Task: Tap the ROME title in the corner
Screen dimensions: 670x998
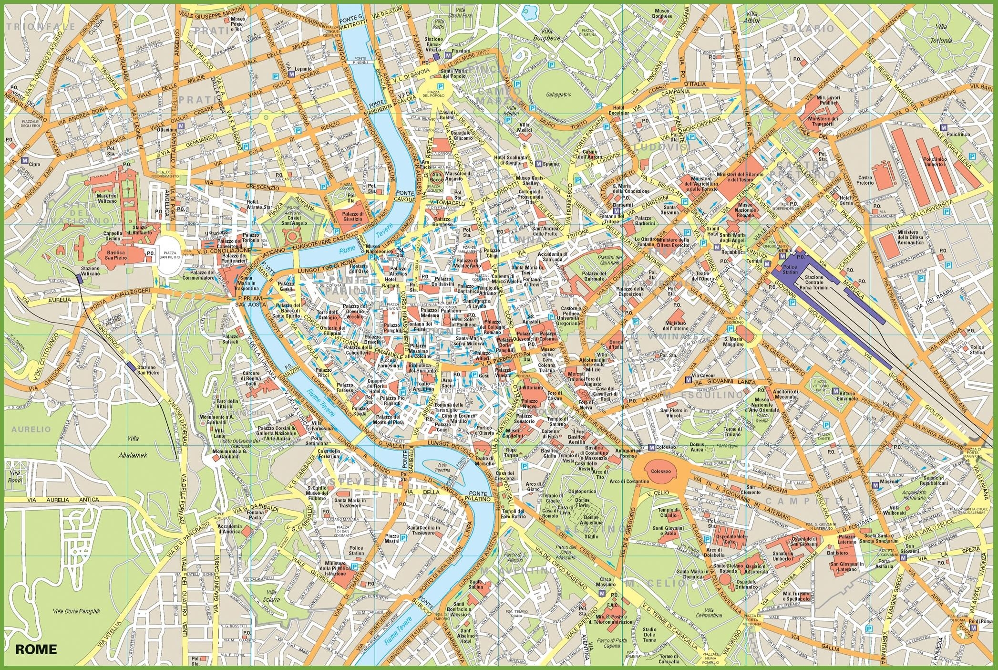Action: (x=36, y=649)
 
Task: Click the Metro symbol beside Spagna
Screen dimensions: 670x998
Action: (x=538, y=164)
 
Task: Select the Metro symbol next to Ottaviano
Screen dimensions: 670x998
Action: (x=181, y=126)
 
